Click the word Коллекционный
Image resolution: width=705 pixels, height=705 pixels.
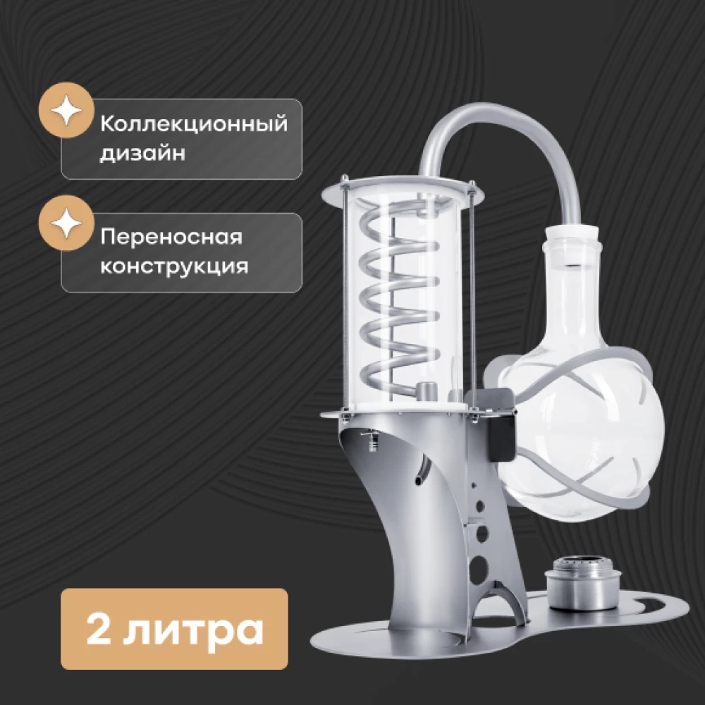tap(193, 123)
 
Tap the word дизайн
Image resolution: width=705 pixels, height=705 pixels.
tap(142, 154)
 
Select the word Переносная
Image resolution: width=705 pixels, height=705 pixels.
tap(171, 237)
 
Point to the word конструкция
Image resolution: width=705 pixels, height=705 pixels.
tap(174, 266)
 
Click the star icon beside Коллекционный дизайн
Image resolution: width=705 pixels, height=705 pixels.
tap(66, 110)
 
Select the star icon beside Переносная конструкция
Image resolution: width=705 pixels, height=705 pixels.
tap(66, 223)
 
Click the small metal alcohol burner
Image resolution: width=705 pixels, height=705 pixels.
tap(583, 583)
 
